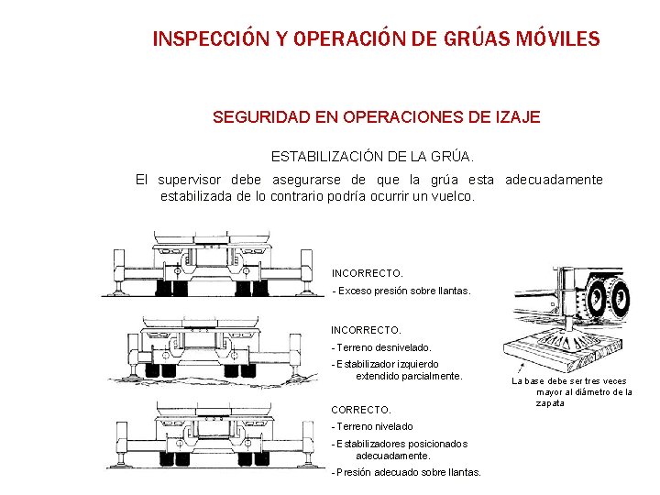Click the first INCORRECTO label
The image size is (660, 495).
click(x=367, y=274)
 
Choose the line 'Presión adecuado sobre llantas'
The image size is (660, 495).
click(x=406, y=472)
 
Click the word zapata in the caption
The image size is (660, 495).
click(x=551, y=403)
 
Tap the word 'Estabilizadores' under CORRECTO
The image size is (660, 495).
click(x=372, y=444)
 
